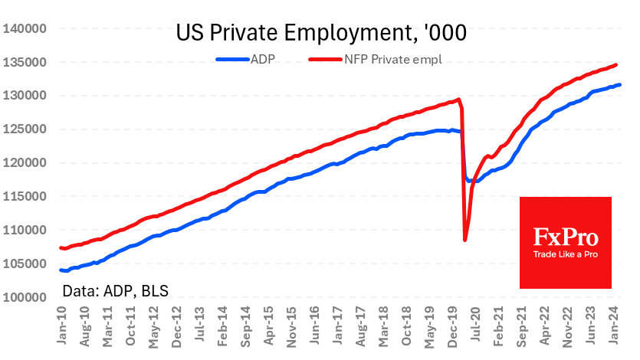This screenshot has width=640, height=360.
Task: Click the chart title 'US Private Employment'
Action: point(321,34)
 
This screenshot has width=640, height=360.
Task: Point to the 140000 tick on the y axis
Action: point(26,29)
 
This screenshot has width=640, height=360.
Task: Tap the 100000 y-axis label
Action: point(26,297)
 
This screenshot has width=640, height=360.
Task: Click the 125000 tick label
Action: point(26,129)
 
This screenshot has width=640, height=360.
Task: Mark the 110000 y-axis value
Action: point(26,230)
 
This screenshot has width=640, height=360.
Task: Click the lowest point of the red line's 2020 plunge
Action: point(465,241)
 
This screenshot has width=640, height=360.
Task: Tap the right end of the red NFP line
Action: point(616,65)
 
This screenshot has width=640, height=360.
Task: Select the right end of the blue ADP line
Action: point(619,85)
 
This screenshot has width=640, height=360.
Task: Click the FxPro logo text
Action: point(566,237)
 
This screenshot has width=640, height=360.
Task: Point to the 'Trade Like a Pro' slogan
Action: point(566,254)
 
